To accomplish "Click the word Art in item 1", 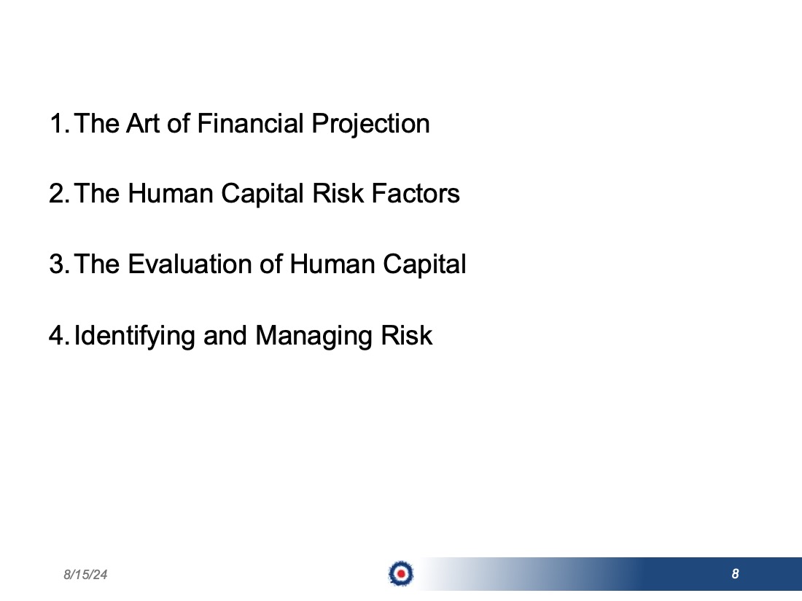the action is tap(143, 124).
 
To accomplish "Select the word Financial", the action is tap(251, 124).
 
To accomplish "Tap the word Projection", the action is tap(371, 125).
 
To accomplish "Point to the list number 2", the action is tap(59, 194).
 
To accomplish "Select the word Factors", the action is tap(416, 194).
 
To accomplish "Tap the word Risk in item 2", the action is tap(338, 194).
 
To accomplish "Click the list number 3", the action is tap(59, 264).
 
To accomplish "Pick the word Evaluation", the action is tap(190, 264).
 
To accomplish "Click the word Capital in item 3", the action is tap(424, 266).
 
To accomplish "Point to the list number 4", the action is tap(59, 336).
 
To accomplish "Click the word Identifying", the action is tap(135, 337).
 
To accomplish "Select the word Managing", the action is tap(314, 337).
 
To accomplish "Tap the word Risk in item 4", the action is tap(407, 336).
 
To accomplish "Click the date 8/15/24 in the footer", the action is tap(85, 575).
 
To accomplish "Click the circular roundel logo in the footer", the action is tap(401, 573).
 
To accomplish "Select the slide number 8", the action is tap(735, 574).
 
